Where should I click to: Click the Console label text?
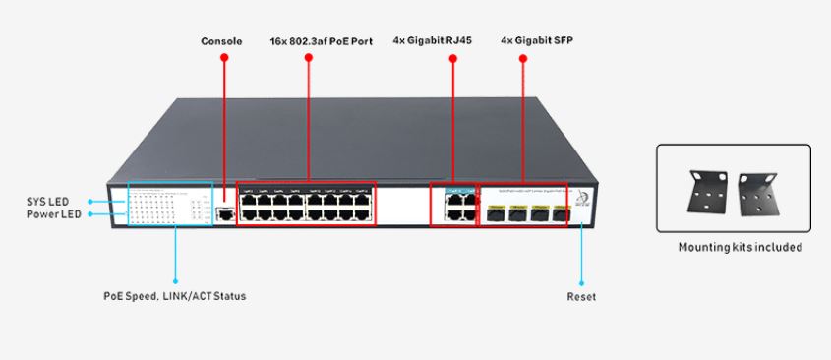(x=221, y=41)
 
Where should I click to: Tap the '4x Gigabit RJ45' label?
(x=452, y=41)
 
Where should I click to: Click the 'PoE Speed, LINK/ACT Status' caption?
(x=175, y=296)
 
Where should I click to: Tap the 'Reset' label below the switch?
(x=581, y=296)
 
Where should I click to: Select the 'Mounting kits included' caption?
(x=740, y=247)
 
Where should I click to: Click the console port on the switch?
(x=225, y=211)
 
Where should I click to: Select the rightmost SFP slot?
(x=561, y=211)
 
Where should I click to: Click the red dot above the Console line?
(x=224, y=59)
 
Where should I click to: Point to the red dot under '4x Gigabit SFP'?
(x=522, y=59)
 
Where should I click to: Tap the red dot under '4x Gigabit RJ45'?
(x=453, y=59)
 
